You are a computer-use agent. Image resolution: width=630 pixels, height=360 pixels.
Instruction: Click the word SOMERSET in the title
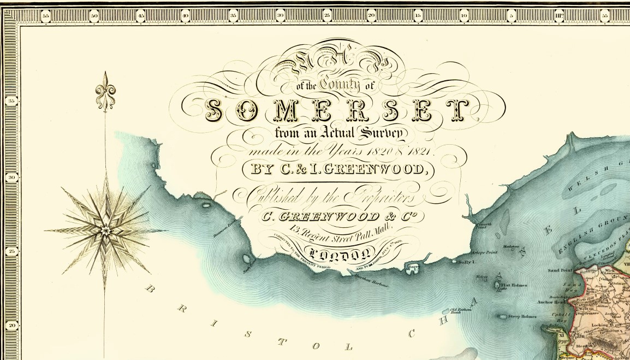pos(337,111)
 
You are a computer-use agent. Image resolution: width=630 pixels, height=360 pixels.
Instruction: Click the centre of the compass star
pos(105,230)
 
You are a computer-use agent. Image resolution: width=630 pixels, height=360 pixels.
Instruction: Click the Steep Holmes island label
pos(522,317)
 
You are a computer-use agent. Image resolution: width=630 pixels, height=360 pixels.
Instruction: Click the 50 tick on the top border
pos(93,16)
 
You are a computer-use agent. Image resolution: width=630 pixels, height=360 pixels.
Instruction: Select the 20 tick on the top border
pos(371,16)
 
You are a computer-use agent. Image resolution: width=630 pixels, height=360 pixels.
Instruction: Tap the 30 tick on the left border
pos(11,177)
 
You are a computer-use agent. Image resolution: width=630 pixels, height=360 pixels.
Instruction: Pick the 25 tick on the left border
pos(11,252)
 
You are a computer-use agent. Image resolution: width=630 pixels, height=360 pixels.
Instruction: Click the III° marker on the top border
pos(559,16)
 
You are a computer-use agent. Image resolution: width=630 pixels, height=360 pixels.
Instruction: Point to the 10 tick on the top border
pos(464,16)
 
